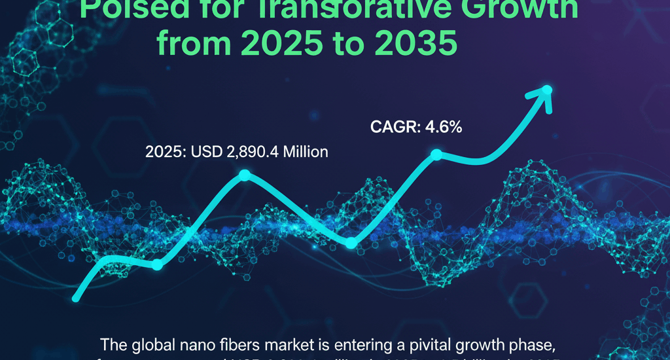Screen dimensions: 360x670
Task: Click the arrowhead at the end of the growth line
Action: coord(545,92)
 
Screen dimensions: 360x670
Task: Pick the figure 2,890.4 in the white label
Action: coord(247,153)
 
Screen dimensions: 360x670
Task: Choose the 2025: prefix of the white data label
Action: coord(166,153)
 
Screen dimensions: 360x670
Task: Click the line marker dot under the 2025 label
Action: coord(245,175)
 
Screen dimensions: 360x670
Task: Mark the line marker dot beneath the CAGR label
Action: coord(436,155)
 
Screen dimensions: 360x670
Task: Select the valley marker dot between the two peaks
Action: coord(351,243)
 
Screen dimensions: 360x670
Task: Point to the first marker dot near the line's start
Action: coord(157,265)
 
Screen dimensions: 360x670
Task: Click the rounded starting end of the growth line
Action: coord(77,298)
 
